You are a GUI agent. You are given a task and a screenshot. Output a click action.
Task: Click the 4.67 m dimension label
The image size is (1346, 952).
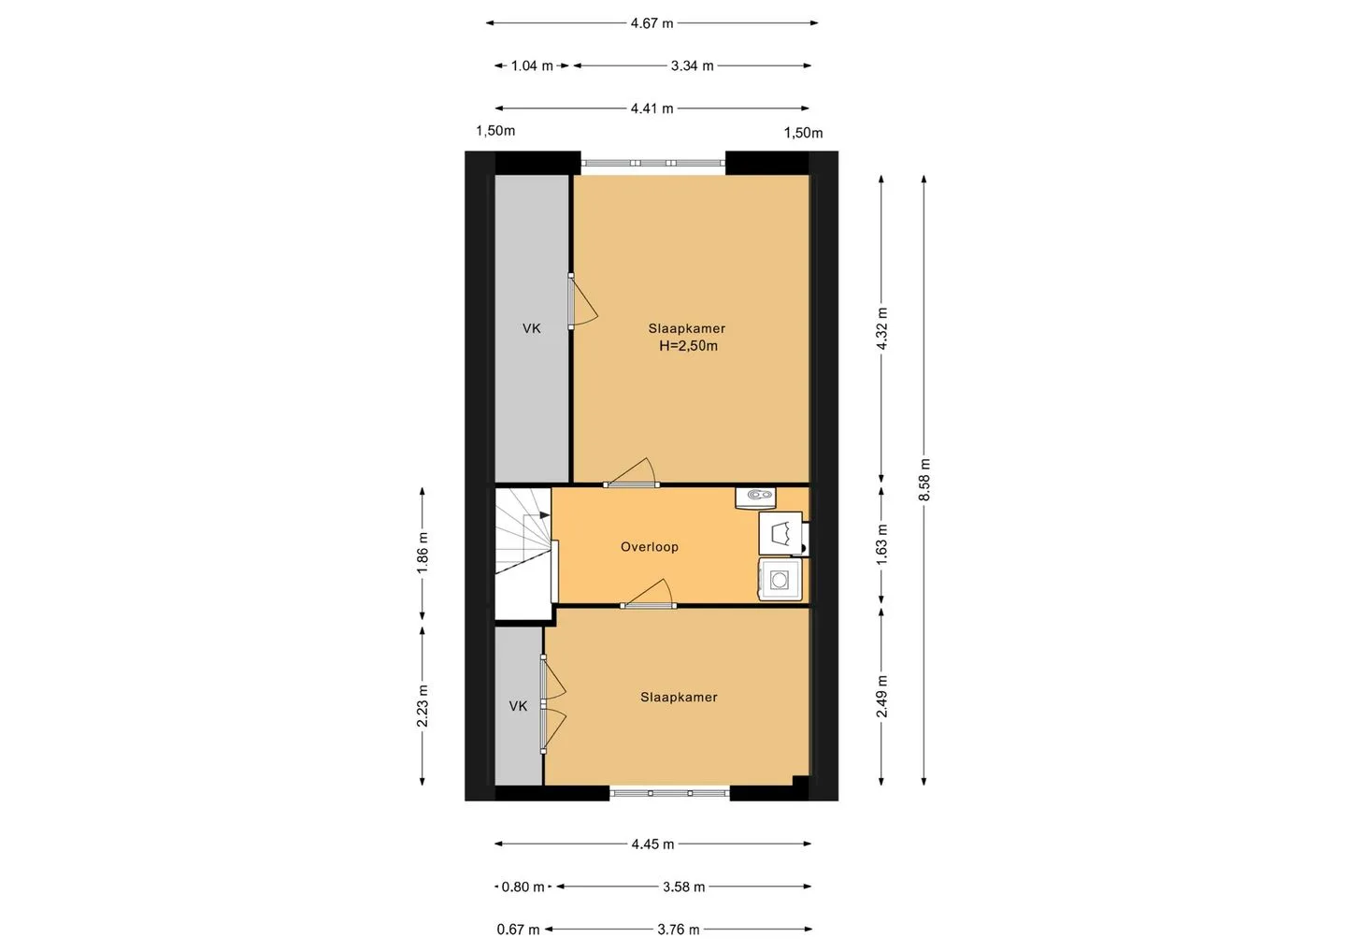[652, 23]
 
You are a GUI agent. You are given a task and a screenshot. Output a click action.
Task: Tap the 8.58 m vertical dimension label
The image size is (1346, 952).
[924, 480]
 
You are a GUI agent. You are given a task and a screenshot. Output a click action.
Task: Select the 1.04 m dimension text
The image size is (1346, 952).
[532, 66]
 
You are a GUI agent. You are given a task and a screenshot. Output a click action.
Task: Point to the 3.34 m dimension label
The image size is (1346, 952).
[693, 66]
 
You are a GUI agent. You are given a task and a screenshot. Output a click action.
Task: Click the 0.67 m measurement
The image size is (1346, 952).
[518, 930]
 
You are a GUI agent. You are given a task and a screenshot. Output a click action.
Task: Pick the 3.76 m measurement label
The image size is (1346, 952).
[679, 930]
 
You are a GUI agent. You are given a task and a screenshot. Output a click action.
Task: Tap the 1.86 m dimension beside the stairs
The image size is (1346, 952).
[422, 553]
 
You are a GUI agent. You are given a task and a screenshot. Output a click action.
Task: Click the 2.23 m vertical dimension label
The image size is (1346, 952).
[422, 706]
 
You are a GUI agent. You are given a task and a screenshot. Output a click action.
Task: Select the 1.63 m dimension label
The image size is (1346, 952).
[881, 544]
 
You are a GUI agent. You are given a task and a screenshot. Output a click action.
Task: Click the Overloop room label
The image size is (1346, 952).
[650, 547]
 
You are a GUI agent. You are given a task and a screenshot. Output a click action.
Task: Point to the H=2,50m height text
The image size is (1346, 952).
[688, 346]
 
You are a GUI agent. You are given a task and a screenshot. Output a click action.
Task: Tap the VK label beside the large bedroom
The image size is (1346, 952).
[531, 329]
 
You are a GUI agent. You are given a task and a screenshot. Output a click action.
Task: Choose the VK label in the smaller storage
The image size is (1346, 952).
[518, 706]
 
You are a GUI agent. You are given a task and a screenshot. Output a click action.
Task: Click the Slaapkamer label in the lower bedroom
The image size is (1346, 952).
[679, 698]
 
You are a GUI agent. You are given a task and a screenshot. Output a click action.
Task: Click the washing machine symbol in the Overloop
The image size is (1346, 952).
[780, 580]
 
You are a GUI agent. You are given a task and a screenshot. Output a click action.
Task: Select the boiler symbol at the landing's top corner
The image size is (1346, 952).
[755, 498]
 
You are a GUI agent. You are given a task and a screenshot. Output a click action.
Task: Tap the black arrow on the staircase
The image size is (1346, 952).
[544, 515]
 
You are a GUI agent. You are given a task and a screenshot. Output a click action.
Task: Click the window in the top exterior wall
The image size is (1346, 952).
[653, 163]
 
